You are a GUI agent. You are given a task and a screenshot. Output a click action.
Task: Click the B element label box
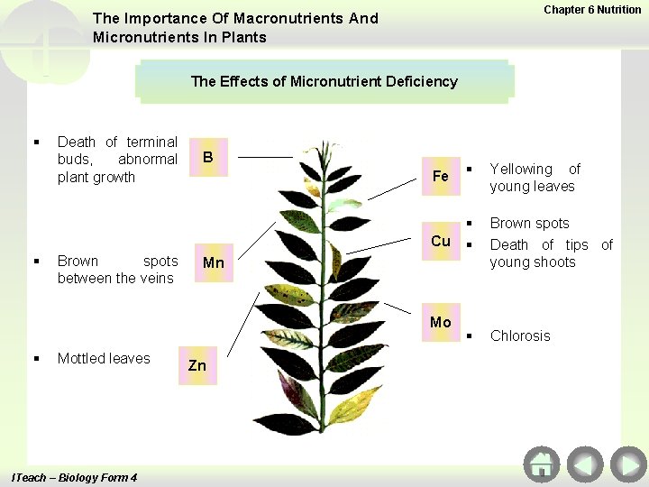point(208,158)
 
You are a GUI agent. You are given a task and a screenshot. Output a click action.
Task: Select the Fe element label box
point(441,176)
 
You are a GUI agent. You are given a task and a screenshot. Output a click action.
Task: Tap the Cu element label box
point(441,241)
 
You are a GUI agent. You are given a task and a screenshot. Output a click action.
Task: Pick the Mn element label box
point(214,263)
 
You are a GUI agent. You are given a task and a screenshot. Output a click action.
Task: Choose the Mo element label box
point(441,322)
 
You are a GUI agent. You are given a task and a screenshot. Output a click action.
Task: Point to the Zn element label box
point(197,365)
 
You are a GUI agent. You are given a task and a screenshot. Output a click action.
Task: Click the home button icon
point(541,464)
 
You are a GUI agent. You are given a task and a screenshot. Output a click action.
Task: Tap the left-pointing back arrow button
point(585,464)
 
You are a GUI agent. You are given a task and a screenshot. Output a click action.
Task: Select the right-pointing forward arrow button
point(627,464)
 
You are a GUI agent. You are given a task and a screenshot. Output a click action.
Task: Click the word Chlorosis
point(519,335)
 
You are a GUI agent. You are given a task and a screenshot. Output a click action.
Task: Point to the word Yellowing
point(520,169)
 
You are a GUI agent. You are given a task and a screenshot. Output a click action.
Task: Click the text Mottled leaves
point(104,358)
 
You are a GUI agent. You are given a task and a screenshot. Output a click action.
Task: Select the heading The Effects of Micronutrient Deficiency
point(324,81)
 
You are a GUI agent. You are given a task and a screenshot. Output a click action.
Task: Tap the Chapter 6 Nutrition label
point(592,10)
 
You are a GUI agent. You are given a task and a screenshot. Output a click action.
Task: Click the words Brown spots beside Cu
point(529,223)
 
